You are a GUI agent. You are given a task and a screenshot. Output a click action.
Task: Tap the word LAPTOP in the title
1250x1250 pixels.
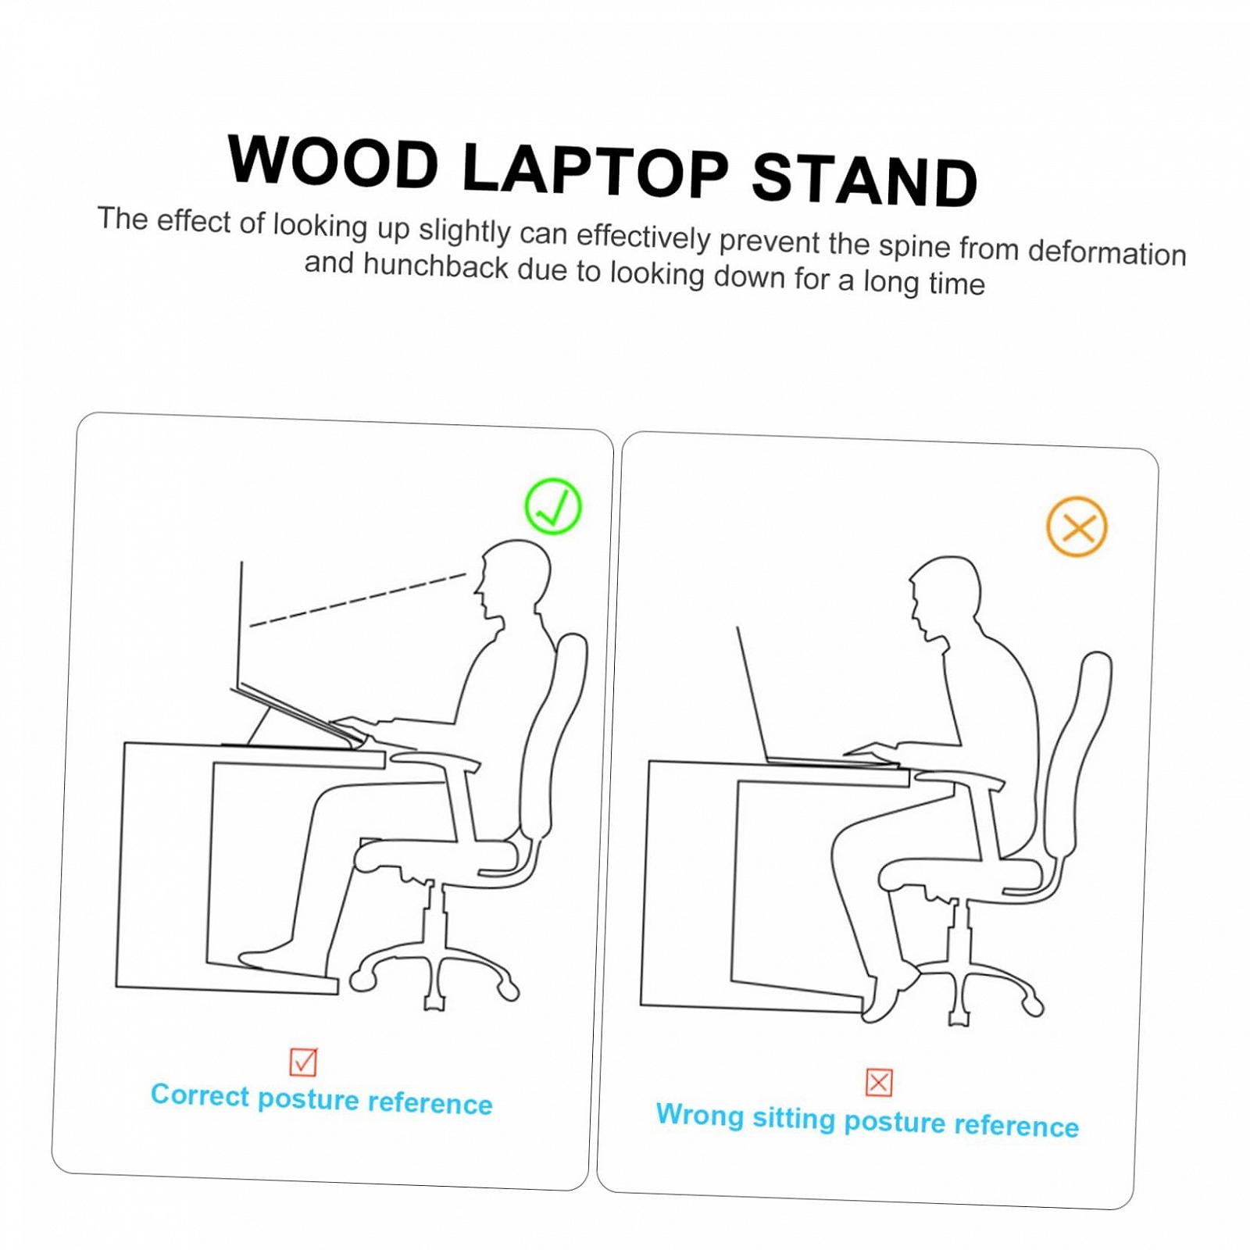(596, 170)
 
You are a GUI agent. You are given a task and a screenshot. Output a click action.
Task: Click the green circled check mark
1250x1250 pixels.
(553, 506)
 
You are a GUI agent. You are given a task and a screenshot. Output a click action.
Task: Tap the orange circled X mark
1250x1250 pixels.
(1077, 527)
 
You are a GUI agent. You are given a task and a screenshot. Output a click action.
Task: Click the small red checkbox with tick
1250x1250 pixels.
(303, 1062)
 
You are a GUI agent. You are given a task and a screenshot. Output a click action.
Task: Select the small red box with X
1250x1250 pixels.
(879, 1083)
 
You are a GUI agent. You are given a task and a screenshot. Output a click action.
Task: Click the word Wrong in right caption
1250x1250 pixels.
(699, 1114)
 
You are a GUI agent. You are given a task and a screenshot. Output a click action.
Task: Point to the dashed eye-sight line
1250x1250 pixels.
(358, 600)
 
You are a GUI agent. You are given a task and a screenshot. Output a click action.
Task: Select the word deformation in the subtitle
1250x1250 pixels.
(1107, 252)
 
